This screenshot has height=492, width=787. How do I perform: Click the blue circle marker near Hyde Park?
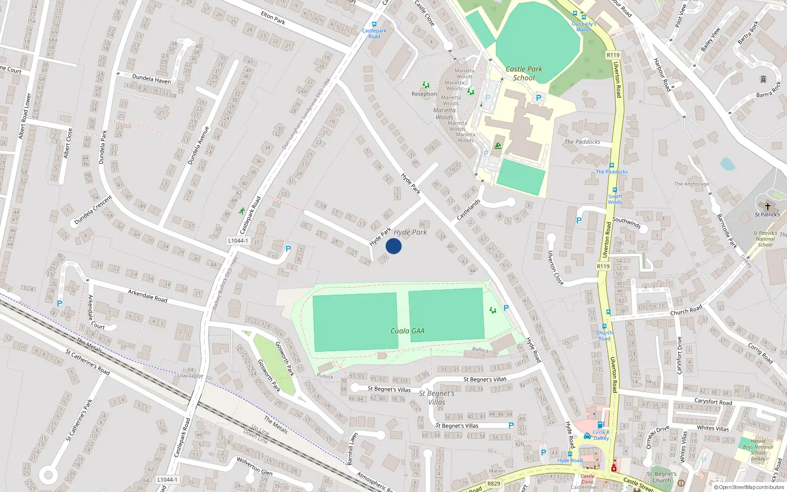coord(393,246)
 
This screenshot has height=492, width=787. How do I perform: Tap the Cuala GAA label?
coord(407,331)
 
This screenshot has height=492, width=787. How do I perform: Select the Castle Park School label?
coord(524,73)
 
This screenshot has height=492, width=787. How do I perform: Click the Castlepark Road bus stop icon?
coord(374,24)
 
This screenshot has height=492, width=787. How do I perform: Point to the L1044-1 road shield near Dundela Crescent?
coord(238,241)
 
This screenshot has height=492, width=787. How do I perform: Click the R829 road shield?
coord(493,484)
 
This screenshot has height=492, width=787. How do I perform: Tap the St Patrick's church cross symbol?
coord(767,207)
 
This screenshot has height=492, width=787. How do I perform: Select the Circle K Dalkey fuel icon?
coord(600,425)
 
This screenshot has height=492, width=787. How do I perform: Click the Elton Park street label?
coord(273,18)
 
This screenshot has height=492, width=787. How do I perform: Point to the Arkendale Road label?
coord(148,296)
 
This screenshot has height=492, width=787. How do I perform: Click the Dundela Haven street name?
coord(151,79)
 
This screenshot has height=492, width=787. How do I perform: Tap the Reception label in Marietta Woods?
coord(424,94)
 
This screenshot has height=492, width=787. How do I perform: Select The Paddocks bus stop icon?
coord(612,165)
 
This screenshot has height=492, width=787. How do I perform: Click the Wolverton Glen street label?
coord(254,465)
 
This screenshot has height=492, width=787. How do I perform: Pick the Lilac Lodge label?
coord(190,376)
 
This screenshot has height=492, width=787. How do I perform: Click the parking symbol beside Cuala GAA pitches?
coord(506,308)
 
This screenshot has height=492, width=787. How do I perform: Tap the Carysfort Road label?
coord(713,402)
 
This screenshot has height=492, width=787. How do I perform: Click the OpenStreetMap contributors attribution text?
coord(749,488)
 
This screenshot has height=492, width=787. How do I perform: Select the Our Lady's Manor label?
coord(584,27)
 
